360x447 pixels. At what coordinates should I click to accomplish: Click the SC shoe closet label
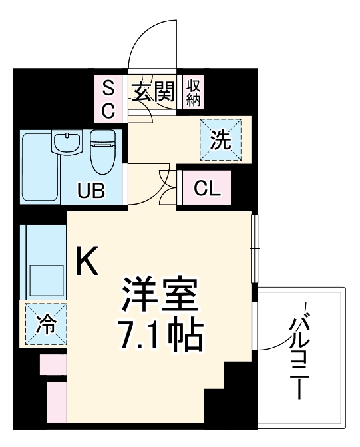[x=108, y=97]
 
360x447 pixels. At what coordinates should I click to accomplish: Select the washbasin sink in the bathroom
[x=67, y=142]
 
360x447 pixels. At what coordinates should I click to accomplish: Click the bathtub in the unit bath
[x=39, y=167]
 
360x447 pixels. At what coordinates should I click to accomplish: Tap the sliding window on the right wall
[x=253, y=248]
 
